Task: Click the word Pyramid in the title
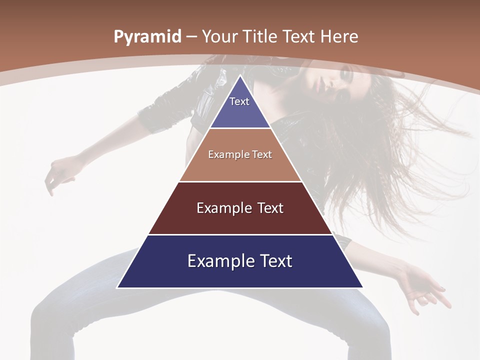(x=147, y=37)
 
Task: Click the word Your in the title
(x=220, y=36)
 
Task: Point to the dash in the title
(x=191, y=37)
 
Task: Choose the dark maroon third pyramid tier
(x=240, y=220)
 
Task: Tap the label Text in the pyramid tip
(x=239, y=101)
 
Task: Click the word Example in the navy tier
(x=216, y=261)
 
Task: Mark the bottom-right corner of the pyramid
(x=362, y=287)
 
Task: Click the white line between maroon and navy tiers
(x=240, y=234)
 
